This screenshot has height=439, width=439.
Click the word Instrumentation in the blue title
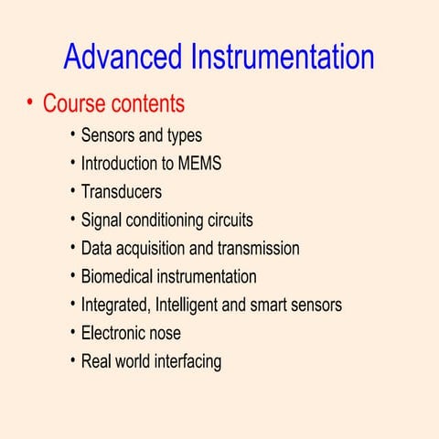pyautogui.click(x=282, y=57)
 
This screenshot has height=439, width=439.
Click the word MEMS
pyautogui.click(x=198, y=165)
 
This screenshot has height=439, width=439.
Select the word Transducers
pyautogui.click(x=122, y=192)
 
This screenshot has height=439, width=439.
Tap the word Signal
pyautogui.click(x=101, y=220)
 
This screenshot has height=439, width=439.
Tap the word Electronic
pyautogui.click(x=114, y=333)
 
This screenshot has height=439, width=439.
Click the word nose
pyautogui.click(x=166, y=333)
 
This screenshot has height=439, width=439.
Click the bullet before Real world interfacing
pyautogui.click(x=72, y=360)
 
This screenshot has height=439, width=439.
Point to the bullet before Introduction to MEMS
pyautogui.click(x=72, y=164)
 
